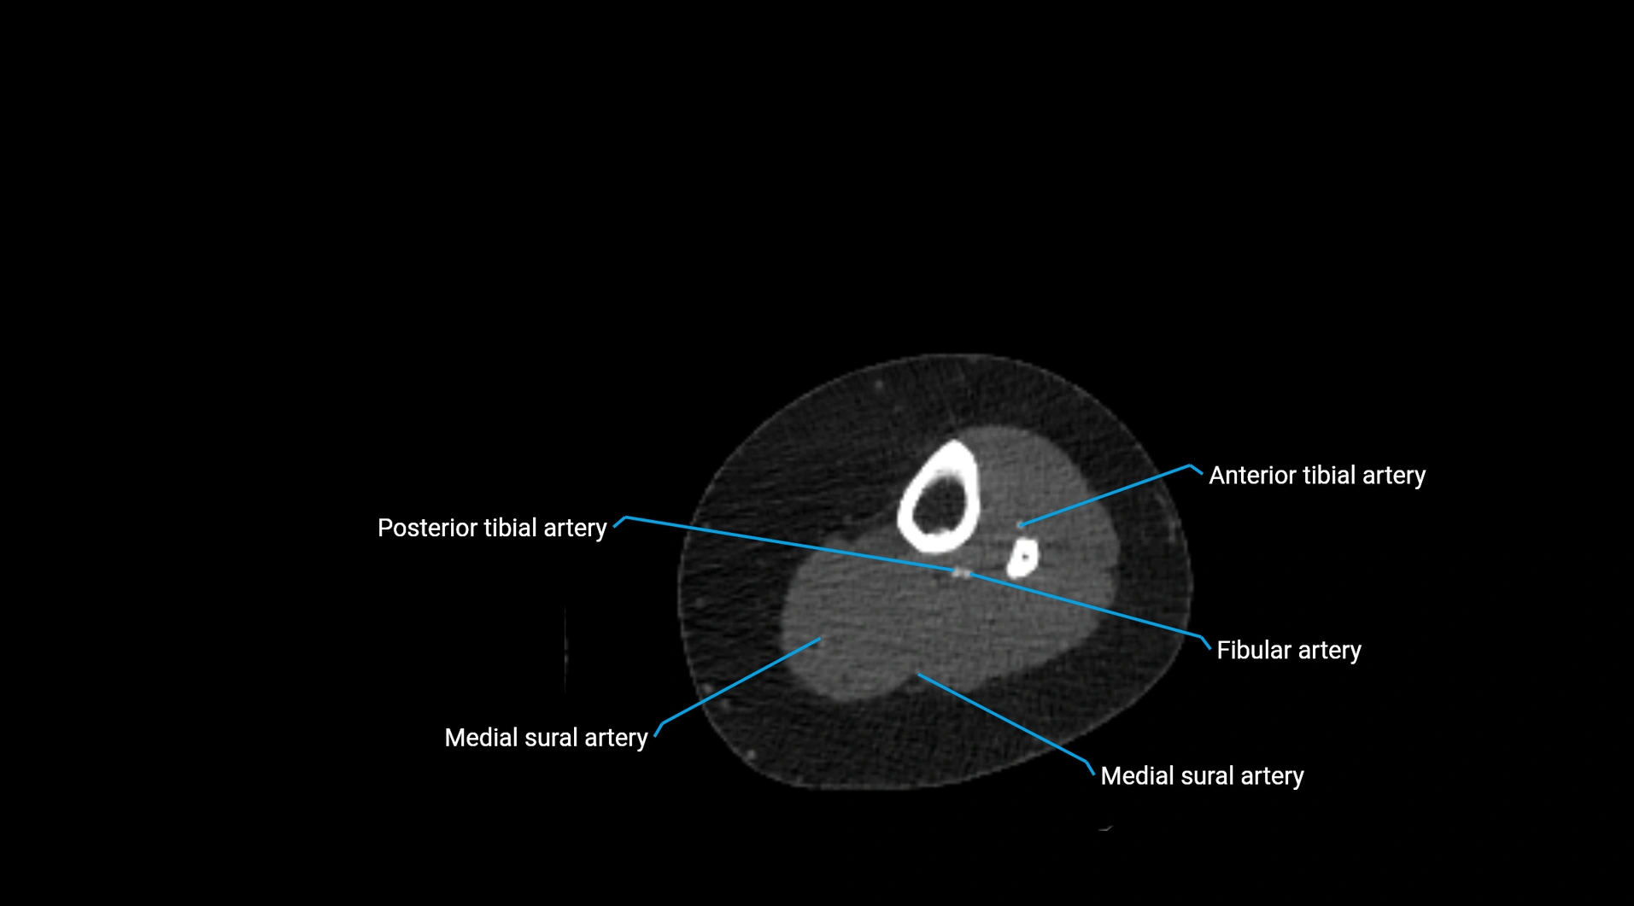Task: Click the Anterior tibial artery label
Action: [1316, 476]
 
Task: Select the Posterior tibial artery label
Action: [492, 529]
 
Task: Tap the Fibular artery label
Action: [1288, 651]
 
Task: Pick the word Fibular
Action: [1253, 651]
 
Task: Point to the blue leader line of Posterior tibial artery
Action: [786, 543]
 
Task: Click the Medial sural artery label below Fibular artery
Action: [1202, 776]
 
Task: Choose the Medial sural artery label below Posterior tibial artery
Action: [546, 738]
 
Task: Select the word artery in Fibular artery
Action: [1330, 651]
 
